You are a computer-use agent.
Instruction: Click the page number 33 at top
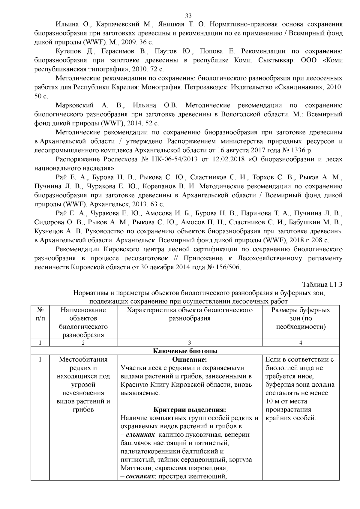pos(188,16)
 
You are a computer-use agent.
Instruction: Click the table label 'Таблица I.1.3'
pos(322,284)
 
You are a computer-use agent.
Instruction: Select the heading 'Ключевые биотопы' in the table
pos(185,351)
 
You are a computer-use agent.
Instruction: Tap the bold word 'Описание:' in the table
pos(189,359)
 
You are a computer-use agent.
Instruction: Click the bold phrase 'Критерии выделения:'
pos(189,410)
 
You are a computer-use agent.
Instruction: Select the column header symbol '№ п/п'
pos(40,314)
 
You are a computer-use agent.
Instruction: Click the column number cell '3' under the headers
pos(189,343)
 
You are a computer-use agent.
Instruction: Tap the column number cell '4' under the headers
pos(301,343)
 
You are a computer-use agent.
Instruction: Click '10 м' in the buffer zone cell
pos(271,401)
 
